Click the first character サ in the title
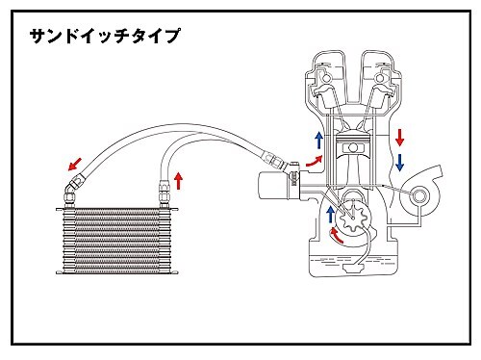[x=37, y=36]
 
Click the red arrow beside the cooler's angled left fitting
[x=75, y=164]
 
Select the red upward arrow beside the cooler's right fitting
[x=179, y=180]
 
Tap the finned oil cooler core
[x=117, y=241]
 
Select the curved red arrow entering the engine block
[x=315, y=161]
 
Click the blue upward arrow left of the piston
[x=318, y=140]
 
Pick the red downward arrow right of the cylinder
[x=399, y=138]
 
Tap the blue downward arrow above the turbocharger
[x=399, y=162]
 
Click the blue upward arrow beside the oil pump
[x=330, y=215]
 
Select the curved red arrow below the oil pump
[x=336, y=235]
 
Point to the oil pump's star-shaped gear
[x=352, y=219]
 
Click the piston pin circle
[x=353, y=147]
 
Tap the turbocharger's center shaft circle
[x=418, y=196]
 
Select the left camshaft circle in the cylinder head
[x=327, y=78]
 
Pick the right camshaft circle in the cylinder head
[x=379, y=78]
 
